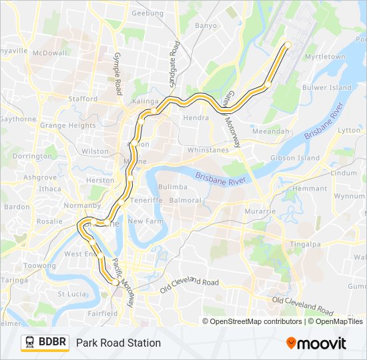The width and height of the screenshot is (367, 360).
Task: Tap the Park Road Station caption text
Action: pos(118,343)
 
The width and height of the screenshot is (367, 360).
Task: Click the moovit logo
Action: pos(316,343)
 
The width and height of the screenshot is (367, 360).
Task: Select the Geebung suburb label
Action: pos(148,13)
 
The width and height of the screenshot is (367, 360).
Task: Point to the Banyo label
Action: pos(206,25)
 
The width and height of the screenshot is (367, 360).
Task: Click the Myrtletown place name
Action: pos(325,57)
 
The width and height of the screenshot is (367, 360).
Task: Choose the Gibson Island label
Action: pos(294,158)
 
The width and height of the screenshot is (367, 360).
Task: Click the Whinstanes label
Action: pos(208,150)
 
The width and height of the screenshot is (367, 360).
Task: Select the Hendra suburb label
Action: pos(196,117)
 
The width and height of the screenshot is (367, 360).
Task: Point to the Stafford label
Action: pos(83,99)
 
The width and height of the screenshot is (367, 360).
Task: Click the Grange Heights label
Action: pos(67,125)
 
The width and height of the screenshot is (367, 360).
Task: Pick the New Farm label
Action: pos(145,221)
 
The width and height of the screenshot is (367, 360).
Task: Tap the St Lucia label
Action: pos(71,293)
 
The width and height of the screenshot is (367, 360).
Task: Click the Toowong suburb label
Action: pos(39,265)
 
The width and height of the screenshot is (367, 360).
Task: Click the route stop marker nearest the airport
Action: pos(288,45)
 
